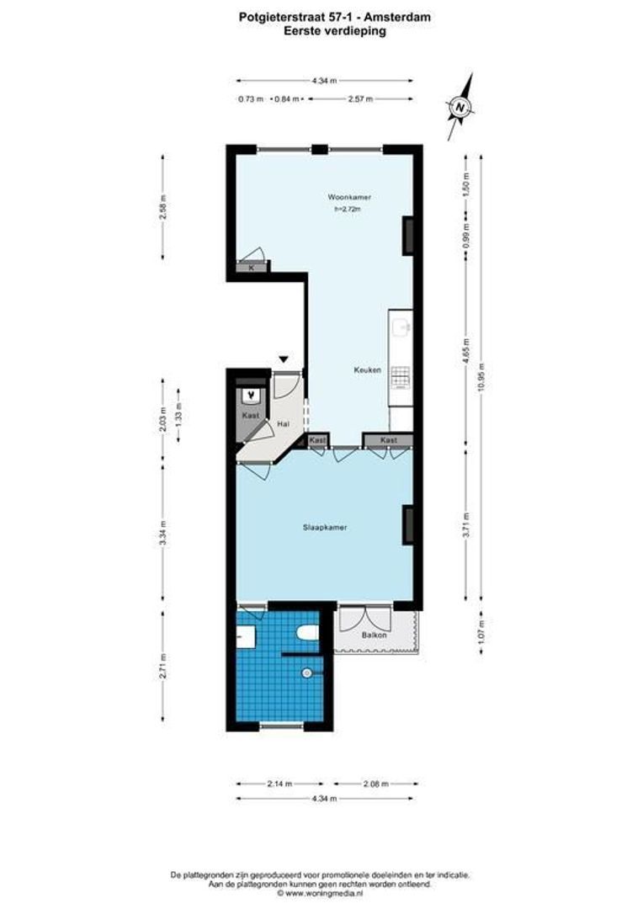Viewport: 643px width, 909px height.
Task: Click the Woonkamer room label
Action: click(349, 198)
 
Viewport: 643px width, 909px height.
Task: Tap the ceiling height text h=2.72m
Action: click(348, 210)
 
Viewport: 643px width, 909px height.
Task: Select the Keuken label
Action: click(368, 370)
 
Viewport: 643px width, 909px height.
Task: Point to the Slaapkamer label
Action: click(326, 528)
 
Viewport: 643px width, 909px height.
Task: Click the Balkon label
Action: click(374, 635)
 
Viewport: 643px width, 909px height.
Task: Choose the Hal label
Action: click(284, 425)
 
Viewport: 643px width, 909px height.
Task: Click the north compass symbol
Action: click(460, 108)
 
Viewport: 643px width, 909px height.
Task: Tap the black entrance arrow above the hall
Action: click(284, 360)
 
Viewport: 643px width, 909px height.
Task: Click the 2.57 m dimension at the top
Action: click(360, 98)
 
